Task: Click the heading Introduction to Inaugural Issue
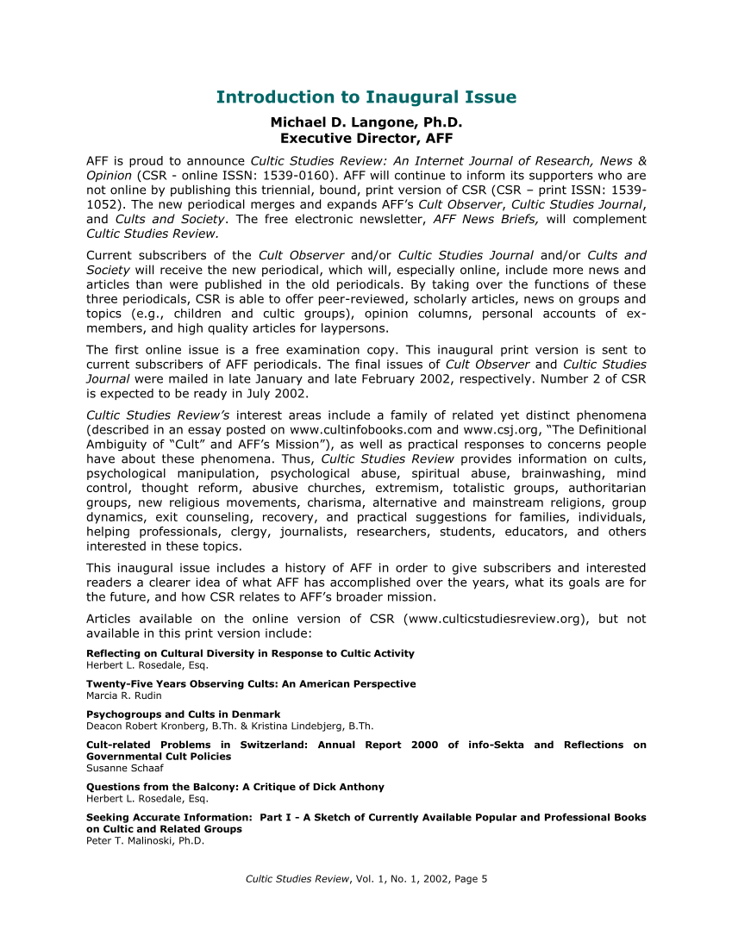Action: (x=366, y=97)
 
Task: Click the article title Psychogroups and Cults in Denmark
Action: (x=183, y=714)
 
